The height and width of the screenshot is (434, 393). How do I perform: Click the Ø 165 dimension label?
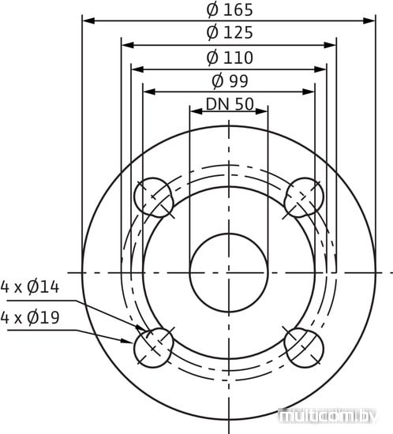coord(230,9)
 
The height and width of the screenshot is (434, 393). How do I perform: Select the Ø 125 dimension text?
coord(230,32)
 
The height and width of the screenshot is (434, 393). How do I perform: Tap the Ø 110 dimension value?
coord(230,58)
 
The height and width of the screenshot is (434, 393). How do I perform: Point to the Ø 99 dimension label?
coord(230,80)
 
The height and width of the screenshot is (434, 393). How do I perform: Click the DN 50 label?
coord(230,104)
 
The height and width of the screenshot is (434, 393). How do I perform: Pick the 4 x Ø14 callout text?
coord(30,286)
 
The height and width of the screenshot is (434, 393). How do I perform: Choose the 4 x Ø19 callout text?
coord(30,317)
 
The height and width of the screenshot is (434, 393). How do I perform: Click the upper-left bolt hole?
coord(154,197)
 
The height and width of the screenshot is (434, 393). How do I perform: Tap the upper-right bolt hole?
coord(304,197)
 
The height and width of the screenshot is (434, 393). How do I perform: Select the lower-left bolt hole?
coord(154,348)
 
